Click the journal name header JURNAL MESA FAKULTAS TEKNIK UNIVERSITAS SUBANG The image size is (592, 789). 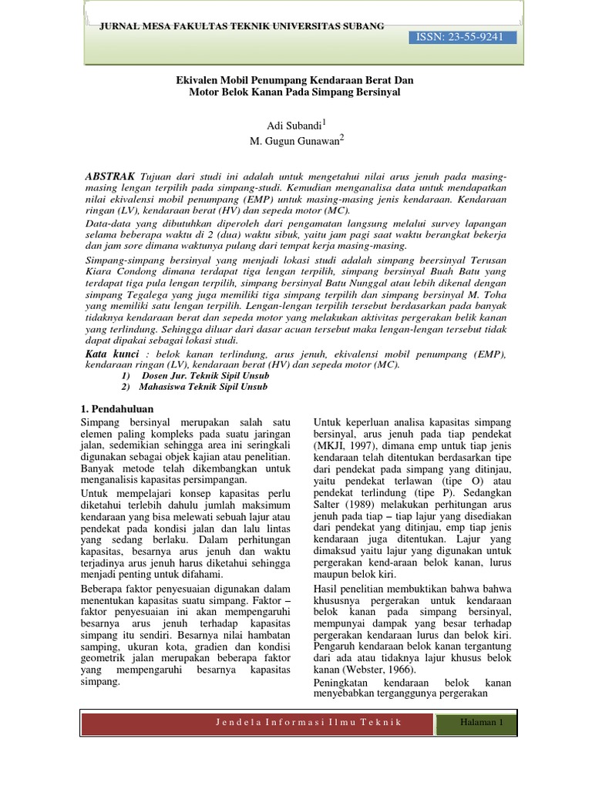(242, 26)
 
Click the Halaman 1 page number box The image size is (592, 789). (480, 723)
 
